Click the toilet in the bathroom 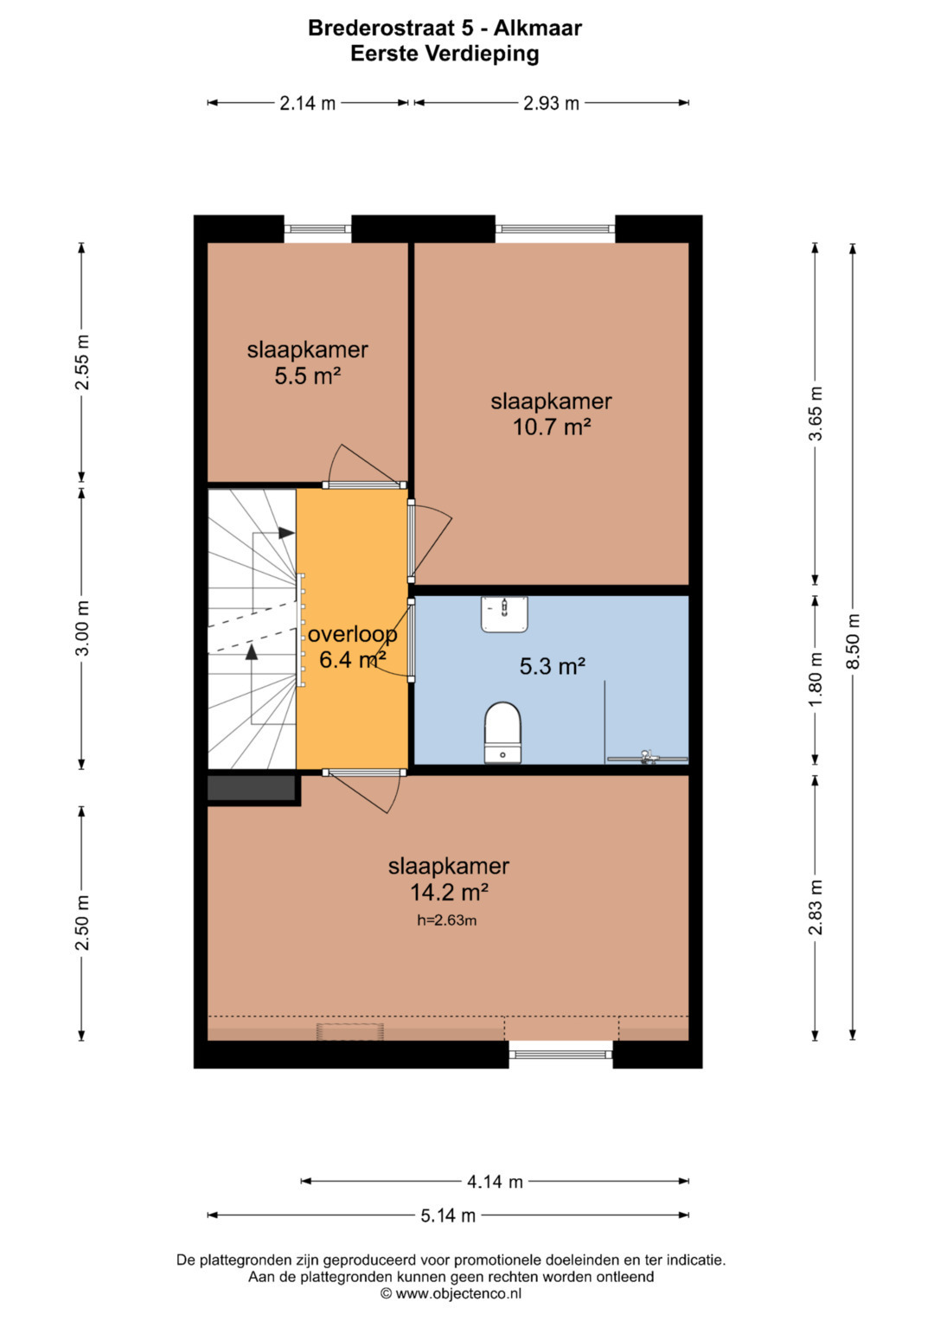(x=502, y=732)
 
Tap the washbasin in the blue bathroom (x=504, y=614)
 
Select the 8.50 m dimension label (x=854, y=641)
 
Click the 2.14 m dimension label (x=307, y=104)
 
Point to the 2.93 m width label (x=552, y=104)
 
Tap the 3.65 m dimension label (x=816, y=414)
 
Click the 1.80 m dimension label (x=816, y=679)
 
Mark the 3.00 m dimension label (x=82, y=627)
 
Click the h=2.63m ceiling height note (x=446, y=920)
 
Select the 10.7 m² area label (x=552, y=426)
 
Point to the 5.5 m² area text (x=308, y=375)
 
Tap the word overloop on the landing (x=353, y=635)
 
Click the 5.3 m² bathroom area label (x=552, y=666)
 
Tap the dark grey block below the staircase (x=251, y=788)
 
